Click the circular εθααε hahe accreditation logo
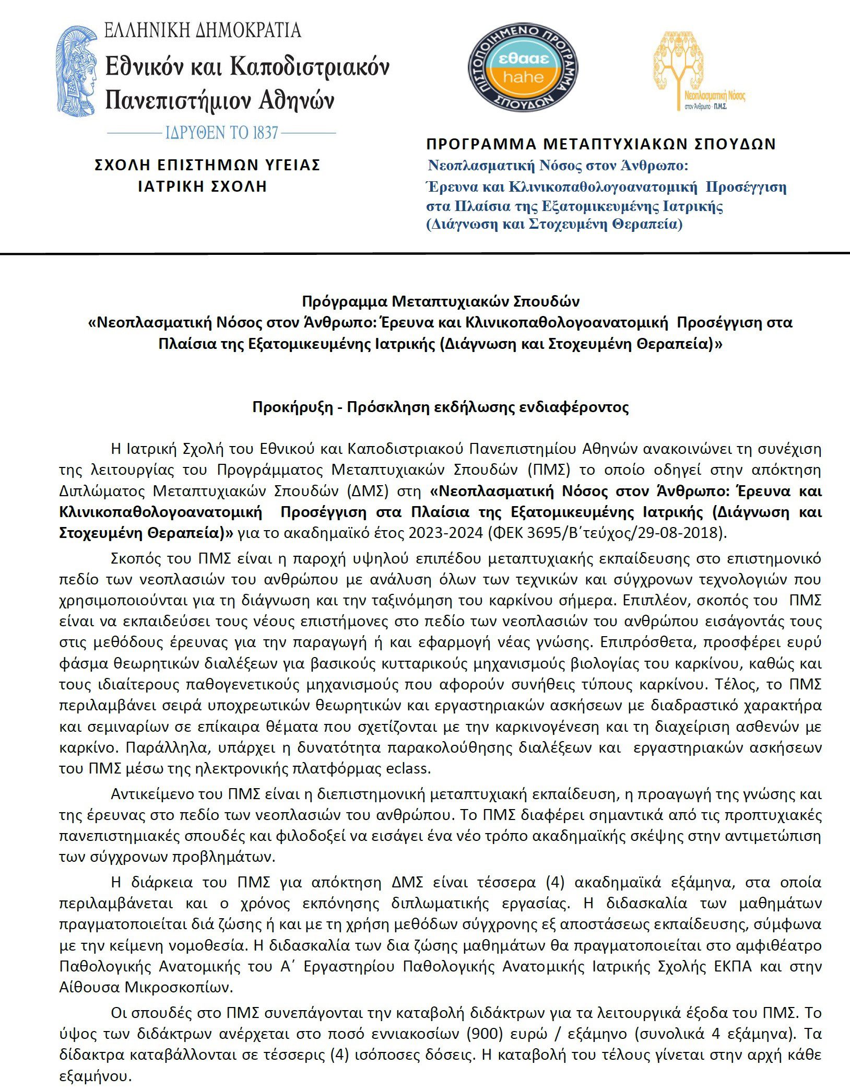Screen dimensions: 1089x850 click(522, 68)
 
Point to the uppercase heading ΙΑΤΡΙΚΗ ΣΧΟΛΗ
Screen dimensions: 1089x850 click(203, 186)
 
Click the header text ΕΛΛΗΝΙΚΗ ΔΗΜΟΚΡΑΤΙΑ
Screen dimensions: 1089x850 click(203, 30)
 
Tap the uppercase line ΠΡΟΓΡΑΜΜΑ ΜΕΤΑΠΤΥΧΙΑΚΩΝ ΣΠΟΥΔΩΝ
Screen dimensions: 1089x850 click(601, 144)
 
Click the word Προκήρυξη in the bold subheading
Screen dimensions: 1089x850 click(292, 407)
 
